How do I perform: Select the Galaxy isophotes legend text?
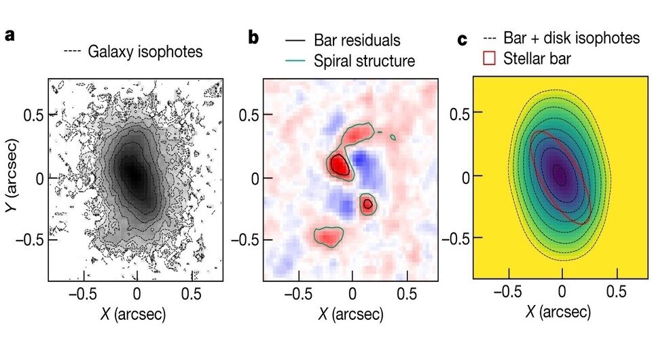point(145,52)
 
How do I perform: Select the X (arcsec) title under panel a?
point(137,315)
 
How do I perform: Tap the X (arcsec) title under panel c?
point(562,312)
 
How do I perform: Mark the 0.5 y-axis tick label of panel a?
point(33,115)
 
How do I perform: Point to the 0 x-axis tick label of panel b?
point(352,295)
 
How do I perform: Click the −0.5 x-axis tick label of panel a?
point(83,295)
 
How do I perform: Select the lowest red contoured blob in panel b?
point(329,236)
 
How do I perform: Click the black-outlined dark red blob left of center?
point(338,164)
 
